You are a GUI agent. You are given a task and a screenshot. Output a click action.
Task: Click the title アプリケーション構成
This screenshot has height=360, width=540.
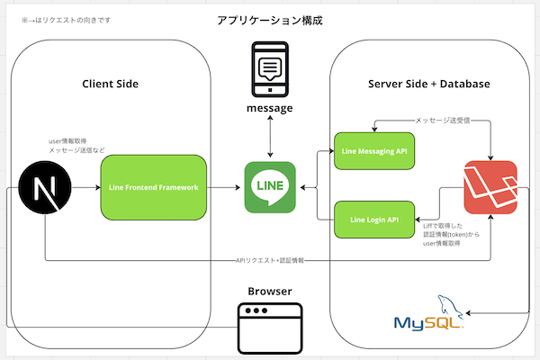pos(269,20)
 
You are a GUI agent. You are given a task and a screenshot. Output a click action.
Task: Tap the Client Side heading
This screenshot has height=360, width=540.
pos(110,85)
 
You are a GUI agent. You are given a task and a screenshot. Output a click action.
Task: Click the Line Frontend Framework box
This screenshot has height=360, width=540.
pos(153,187)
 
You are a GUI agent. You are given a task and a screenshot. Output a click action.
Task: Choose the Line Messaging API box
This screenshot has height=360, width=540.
pos(373,151)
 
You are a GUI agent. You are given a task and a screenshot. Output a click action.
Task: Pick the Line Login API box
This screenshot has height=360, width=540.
pos(373,220)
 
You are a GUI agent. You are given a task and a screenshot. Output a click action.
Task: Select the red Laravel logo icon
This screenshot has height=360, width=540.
pos(490,187)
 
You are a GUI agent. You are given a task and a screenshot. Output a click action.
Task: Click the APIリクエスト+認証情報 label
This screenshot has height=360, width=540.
pos(269,261)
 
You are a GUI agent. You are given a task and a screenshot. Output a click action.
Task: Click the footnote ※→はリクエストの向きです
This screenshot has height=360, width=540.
pos(59,19)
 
